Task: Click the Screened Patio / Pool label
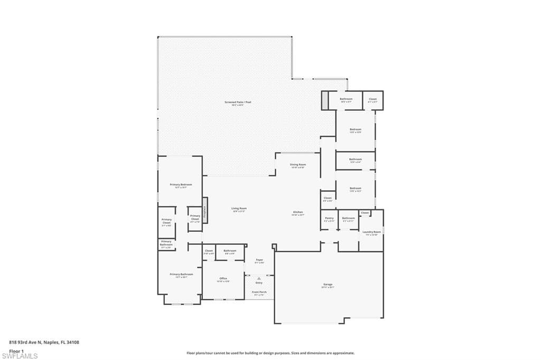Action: (x=237, y=102)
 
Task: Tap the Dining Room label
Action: (x=298, y=165)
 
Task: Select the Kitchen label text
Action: (x=298, y=212)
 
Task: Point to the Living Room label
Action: (x=239, y=209)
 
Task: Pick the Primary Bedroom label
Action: (x=181, y=185)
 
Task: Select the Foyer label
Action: (x=259, y=260)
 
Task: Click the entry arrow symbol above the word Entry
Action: (x=259, y=278)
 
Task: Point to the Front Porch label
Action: (x=259, y=292)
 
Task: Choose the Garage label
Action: (x=328, y=285)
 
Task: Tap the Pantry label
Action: (x=329, y=218)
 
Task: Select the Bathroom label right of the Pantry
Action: (x=348, y=218)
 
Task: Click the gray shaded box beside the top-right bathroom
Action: (x=324, y=100)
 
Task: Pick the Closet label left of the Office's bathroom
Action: (x=209, y=251)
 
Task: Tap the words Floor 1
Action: (x=16, y=350)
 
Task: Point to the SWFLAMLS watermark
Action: (x=20, y=356)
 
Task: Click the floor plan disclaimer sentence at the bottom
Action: (x=270, y=353)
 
